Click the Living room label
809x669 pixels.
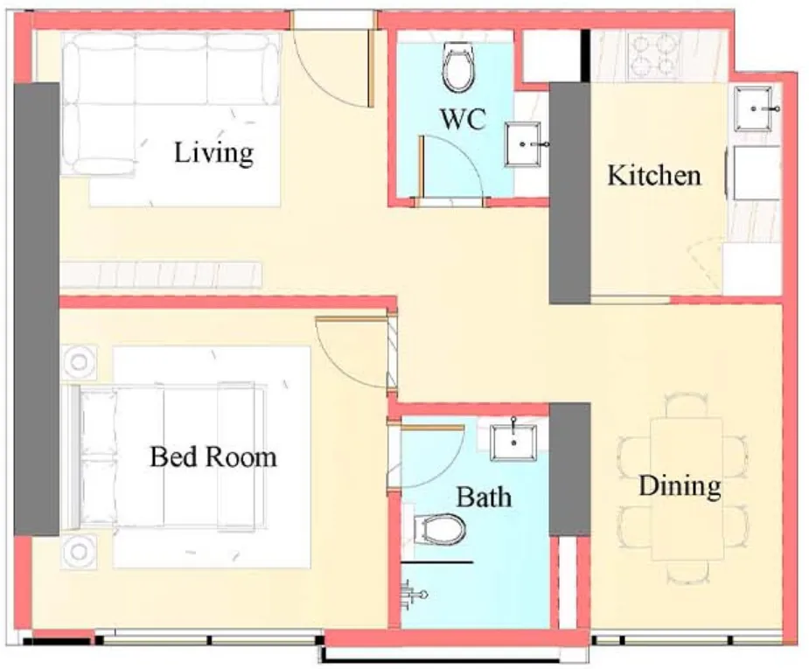coord(213,153)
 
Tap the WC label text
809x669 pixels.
coord(463,121)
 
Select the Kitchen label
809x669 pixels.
coord(654,175)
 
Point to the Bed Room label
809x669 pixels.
coord(213,456)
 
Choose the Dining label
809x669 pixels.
coord(680,486)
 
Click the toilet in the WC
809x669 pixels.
coord(458,69)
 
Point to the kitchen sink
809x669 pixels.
coord(757,109)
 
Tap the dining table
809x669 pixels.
coord(686,489)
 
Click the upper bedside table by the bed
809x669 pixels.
coord(80,361)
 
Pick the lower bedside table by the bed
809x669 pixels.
coord(80,552)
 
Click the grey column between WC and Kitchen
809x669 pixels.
coord(569,192)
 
